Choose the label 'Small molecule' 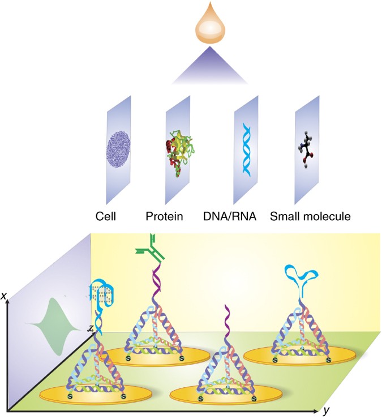pos(303,216)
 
